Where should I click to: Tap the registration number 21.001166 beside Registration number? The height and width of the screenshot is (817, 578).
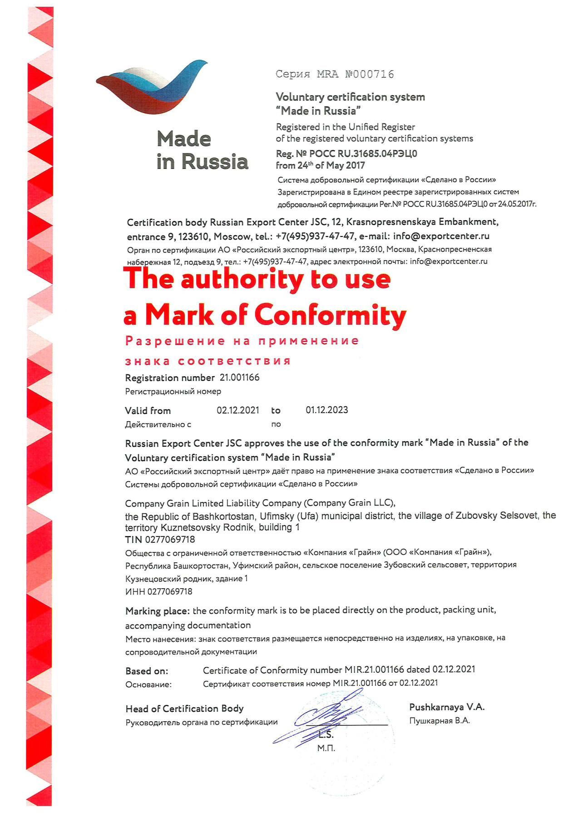tap(239, 378)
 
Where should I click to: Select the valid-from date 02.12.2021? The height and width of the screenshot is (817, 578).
tap(237, 410)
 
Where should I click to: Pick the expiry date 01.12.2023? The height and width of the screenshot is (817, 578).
tap(326, 410)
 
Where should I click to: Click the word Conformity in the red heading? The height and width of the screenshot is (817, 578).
tap(330, 315)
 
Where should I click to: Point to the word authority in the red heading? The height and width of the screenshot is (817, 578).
tap(242, 279)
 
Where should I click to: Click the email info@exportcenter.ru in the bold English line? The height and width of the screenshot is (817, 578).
tap(441, 236)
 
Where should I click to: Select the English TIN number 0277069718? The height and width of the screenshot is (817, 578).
tap(170, 540)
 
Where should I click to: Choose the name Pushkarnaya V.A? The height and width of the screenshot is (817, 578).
tap(447, 707)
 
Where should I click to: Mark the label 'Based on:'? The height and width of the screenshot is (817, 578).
tap(147, 671)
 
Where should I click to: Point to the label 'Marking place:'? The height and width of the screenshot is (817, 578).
tap(158, 611)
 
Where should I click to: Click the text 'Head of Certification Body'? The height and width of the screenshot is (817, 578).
tap(184, 709)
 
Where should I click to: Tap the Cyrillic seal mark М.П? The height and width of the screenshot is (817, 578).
tap(326, 748)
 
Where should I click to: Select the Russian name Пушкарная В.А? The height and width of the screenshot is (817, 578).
tap(439, 721)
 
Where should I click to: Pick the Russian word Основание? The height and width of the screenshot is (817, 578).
tap(148, 684)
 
